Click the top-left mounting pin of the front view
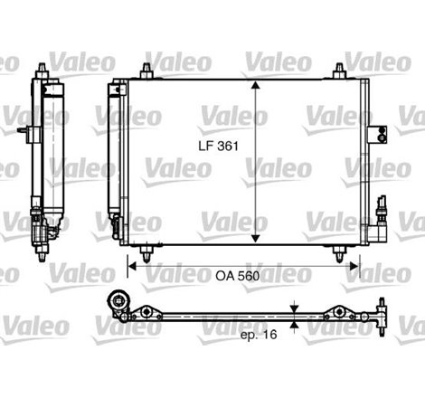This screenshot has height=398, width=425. pos(146,71)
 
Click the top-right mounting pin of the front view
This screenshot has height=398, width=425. pos(339,71)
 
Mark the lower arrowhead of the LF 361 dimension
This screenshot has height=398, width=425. pos(258,240)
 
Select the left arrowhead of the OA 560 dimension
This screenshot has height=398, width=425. pos(130,266)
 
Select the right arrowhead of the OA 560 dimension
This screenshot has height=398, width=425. pos(356,266)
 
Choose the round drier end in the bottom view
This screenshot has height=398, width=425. pos(115,305)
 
